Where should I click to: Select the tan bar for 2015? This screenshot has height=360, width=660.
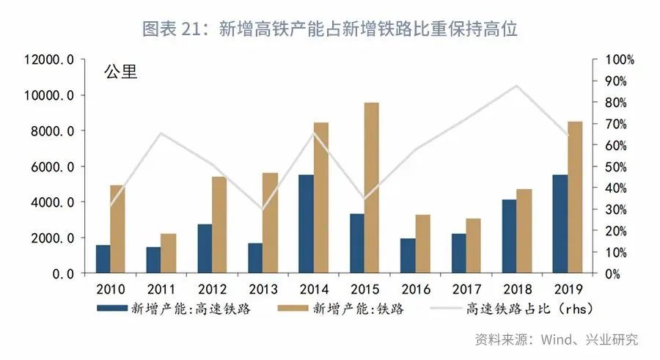pos(372,188)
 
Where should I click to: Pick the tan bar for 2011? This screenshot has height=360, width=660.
pos(169,253)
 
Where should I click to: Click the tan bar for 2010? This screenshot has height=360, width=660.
pos(117,229)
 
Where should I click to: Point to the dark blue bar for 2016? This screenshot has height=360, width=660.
pos(407,255)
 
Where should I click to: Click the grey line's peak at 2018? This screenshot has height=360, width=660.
pos(516,86)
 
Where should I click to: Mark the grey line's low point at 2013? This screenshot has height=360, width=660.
pos(262,210)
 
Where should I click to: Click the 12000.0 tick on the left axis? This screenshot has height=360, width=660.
pos(49,59)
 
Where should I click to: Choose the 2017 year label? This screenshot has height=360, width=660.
pos(466,288)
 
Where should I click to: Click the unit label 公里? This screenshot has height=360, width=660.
pos(120,73)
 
